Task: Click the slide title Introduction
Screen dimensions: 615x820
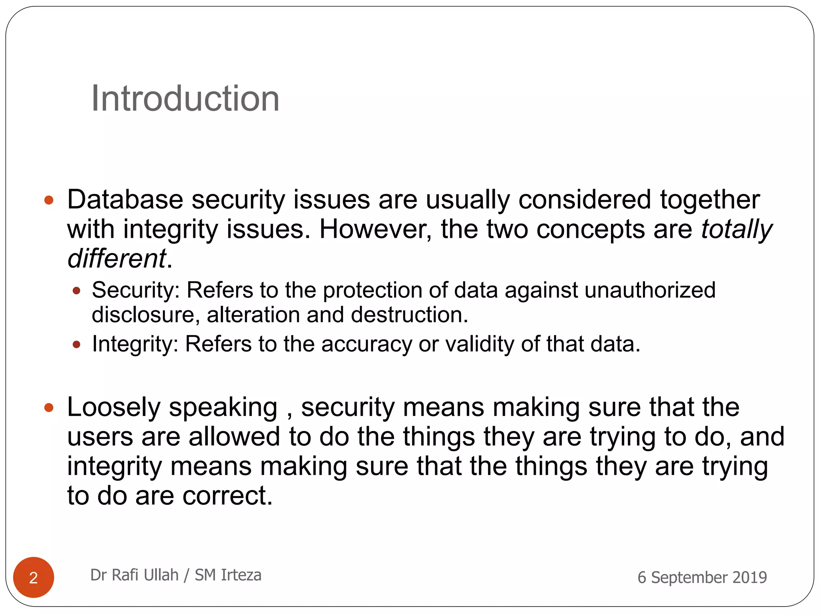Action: point(185,98)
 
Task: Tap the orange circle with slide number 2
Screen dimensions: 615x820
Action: point(34,577)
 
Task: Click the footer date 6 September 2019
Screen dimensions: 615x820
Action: point(702,577)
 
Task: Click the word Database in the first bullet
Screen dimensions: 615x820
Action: point(125,199)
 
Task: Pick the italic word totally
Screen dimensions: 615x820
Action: point(736,229)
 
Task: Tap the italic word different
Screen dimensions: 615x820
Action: point(116,259)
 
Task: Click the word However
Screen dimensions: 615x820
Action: point(375,229)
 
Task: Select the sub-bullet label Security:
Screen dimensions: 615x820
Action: point(136,290)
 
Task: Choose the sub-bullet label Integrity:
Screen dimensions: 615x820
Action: point(135,344)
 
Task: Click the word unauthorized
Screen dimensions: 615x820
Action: point(650,290)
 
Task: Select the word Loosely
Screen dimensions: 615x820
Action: point(113,407)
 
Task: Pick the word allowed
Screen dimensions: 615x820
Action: point(234,436)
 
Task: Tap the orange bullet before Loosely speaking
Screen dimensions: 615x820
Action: point(49,408)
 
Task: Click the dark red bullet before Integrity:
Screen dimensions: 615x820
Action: point(76,344)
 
